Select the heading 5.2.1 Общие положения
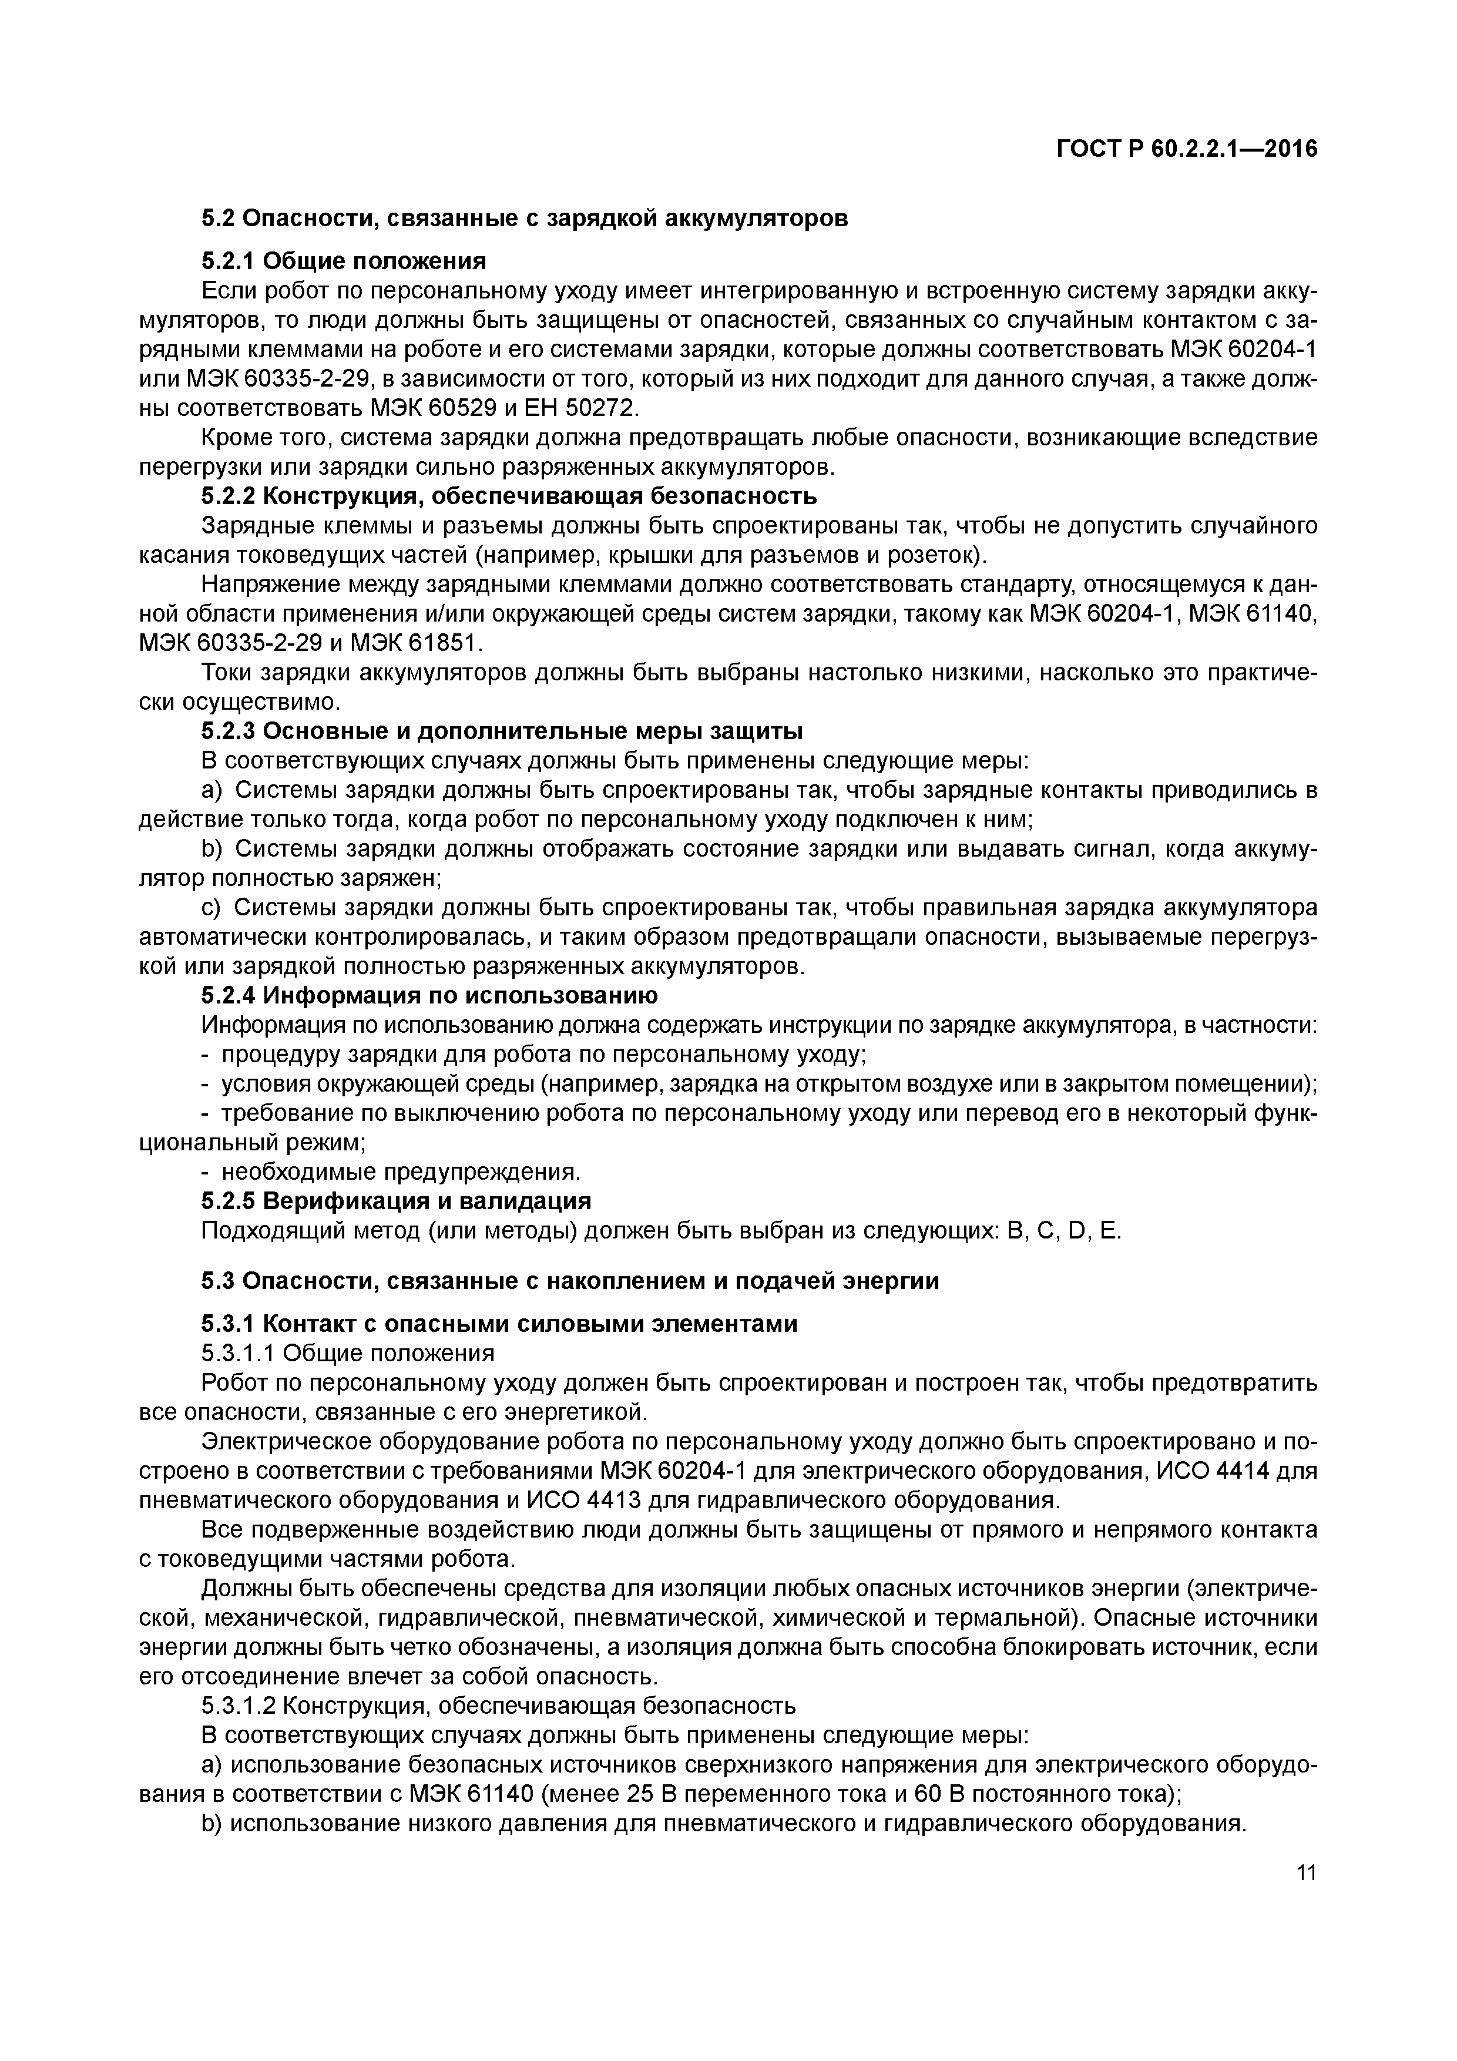tap(343, 261)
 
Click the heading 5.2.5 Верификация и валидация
tap(396, 1200)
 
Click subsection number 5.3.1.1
tap(239, 1353)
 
